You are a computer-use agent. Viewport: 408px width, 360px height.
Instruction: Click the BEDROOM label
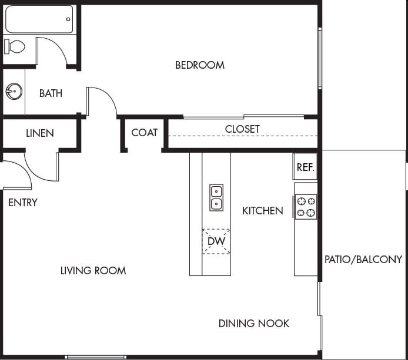[x=200, y=65]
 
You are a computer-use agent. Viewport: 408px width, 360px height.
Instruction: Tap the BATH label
[x=51, y=93]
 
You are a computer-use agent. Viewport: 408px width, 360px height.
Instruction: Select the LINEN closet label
[x=40, y=133]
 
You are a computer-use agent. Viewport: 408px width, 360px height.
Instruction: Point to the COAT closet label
[x=144, y=133]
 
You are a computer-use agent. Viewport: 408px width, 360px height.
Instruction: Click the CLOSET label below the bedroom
[x=242, y=129]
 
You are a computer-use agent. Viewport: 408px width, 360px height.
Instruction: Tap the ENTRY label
[x=23, y=203]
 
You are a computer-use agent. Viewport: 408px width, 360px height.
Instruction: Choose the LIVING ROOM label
[x=93, y=271]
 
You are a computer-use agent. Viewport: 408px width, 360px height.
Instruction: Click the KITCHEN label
[x=262, y=211]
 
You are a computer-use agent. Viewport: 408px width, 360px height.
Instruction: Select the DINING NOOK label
[x=253, y=324]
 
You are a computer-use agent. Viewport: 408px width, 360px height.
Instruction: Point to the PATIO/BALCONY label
[x=363, y=260]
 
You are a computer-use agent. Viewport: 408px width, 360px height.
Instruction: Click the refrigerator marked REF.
[x=305, y=167]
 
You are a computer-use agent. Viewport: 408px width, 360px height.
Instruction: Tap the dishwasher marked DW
[x=216, y=241]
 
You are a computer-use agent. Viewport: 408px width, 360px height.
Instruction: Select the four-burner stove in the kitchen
[x=306, y=207]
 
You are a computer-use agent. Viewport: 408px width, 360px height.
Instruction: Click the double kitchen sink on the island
[x=216, y=197]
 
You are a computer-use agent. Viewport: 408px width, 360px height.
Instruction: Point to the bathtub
[x=39, y=19]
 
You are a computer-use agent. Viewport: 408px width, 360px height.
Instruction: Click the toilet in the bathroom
[x=15, y=46]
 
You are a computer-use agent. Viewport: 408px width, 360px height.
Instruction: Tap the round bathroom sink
[x=14, y=92]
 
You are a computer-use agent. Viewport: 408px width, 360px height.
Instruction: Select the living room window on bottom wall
[x=95, y=356]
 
